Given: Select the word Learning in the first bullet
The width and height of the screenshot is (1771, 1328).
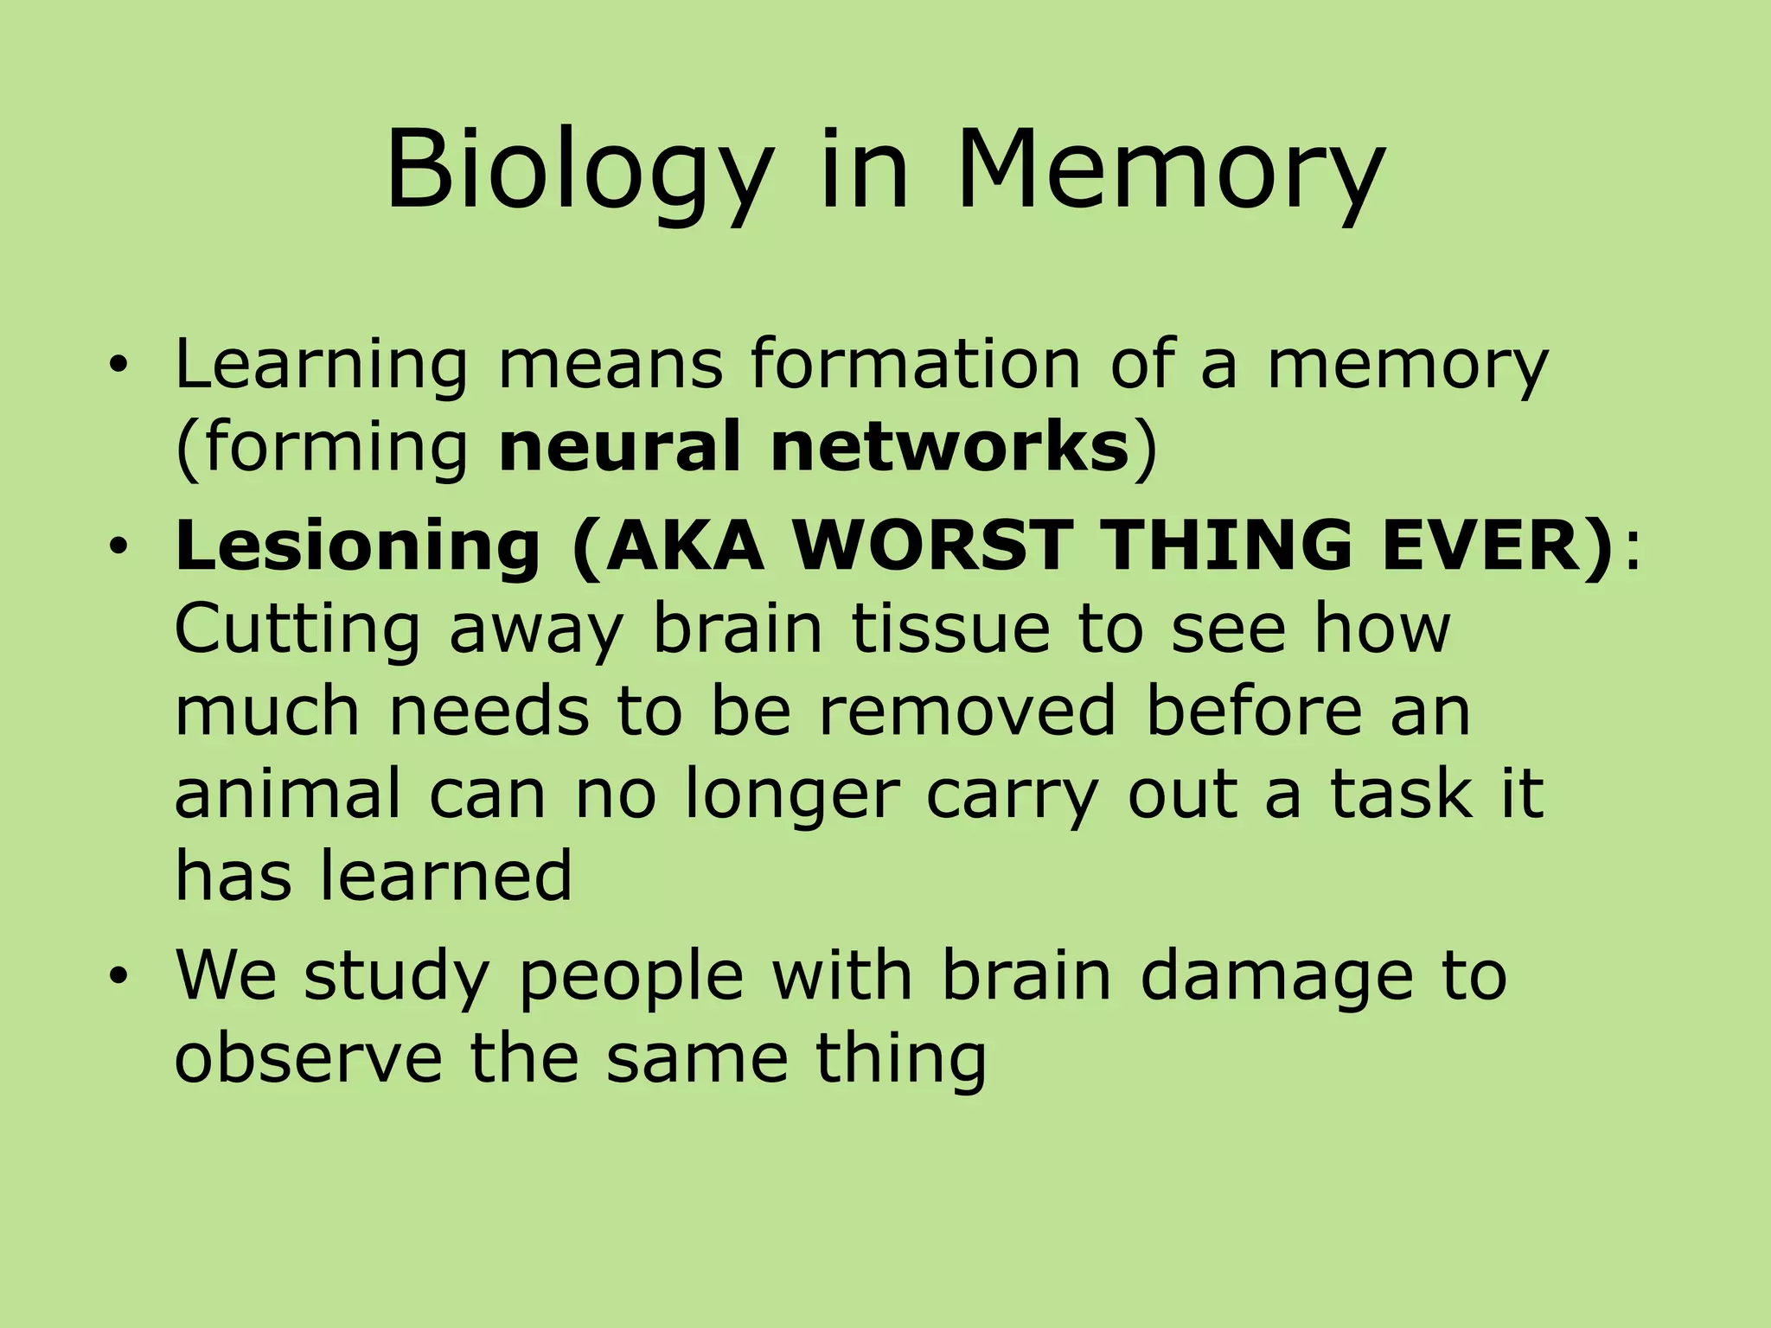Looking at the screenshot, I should (x=321, y=365).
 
